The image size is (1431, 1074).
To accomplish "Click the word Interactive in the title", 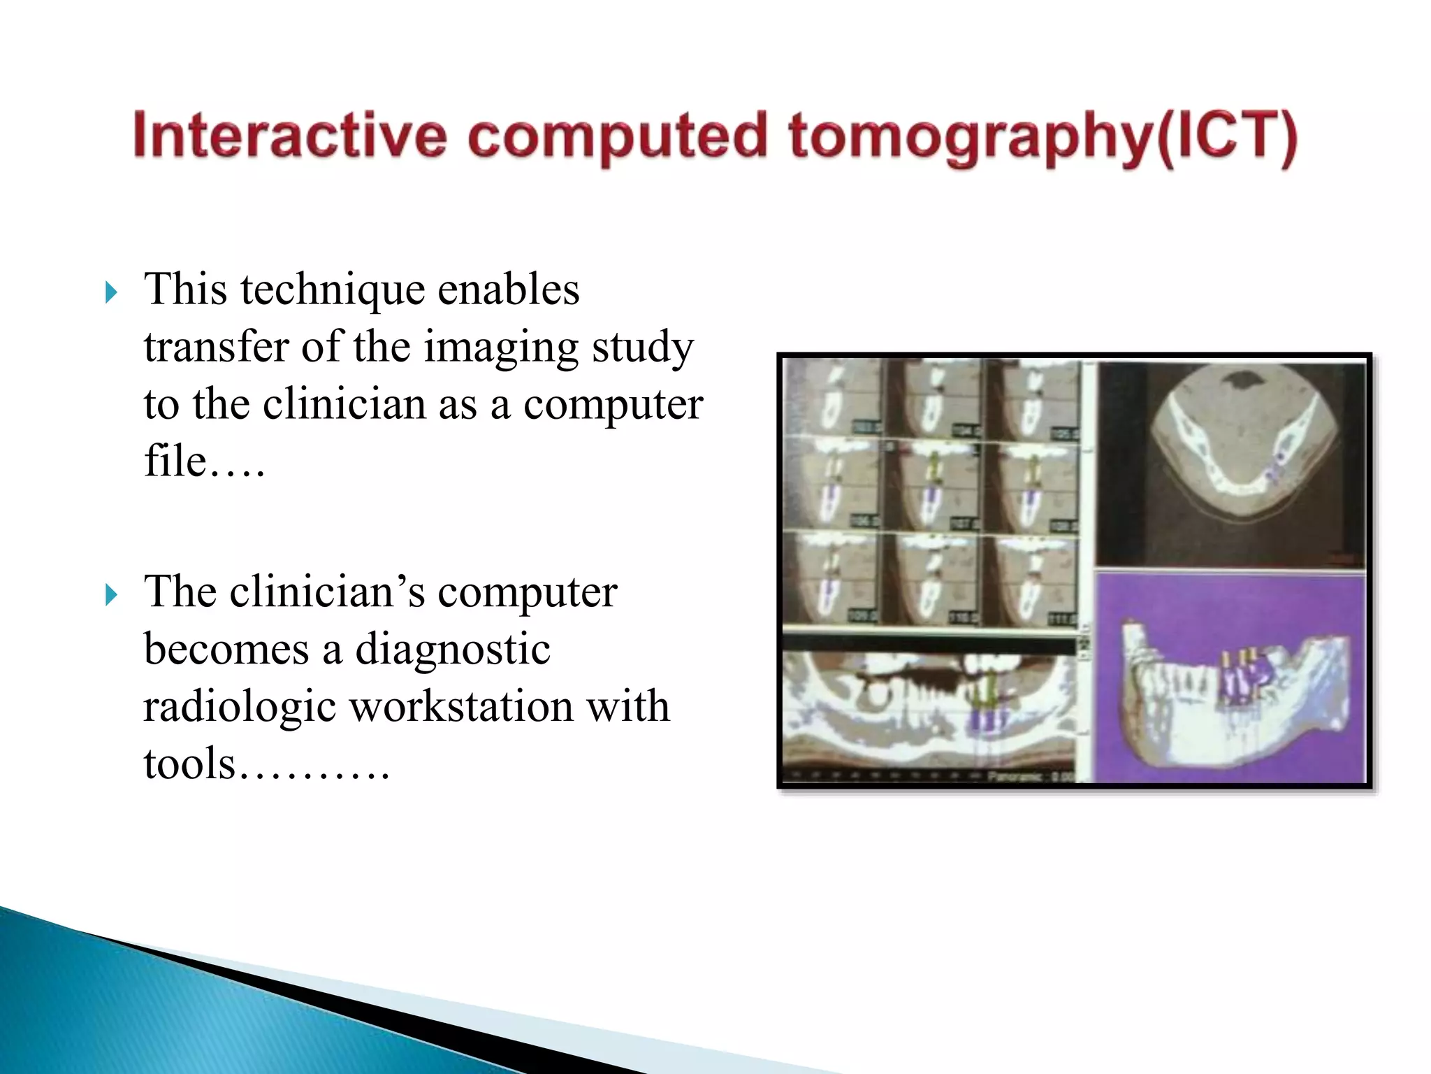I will point(289,135).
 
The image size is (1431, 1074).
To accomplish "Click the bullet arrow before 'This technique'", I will point(111,292).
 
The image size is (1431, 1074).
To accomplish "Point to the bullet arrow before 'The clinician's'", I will point(111,595).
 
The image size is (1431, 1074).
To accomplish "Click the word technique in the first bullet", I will point(331,289).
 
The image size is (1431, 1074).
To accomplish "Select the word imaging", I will point(500,348).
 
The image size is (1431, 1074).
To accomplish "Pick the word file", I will point(175,461).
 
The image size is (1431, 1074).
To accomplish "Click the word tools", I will point(189,764).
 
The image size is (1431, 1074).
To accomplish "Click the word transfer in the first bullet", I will point(216,347).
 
